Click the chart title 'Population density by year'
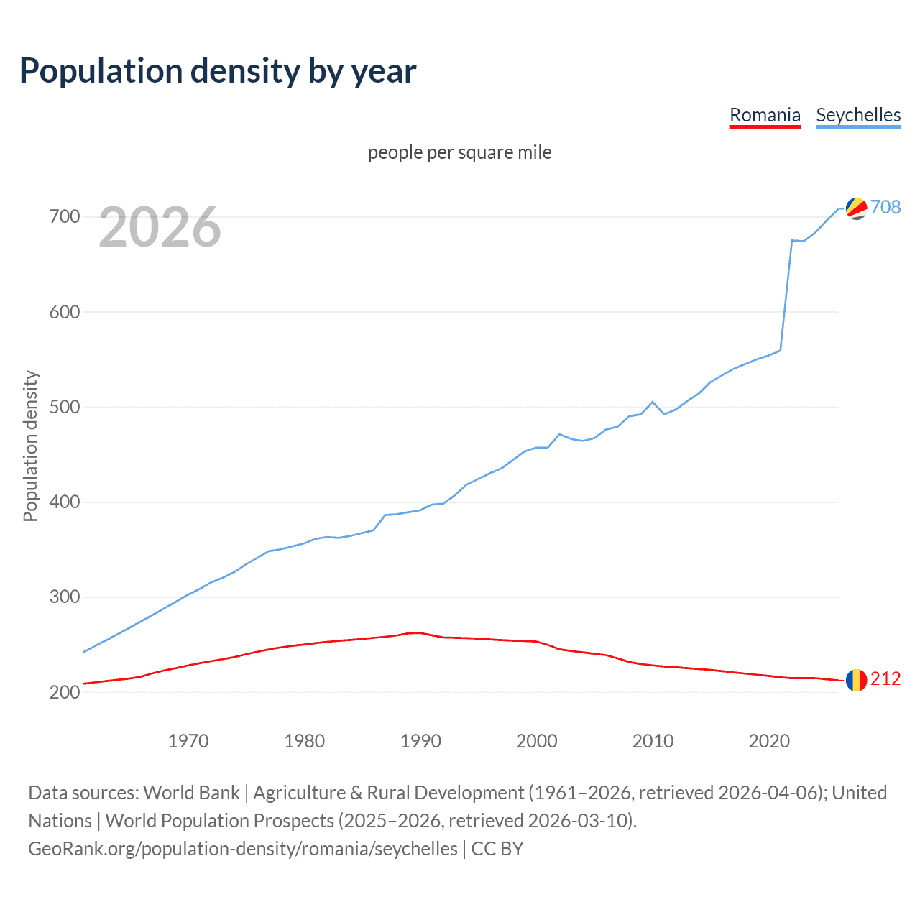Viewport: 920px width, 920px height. point(218,71)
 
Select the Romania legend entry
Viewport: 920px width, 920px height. point(765,115)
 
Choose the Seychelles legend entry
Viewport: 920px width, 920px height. point(858,115)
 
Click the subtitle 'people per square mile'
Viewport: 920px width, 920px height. point(460,152)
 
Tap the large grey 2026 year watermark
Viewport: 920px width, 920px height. point(160,227)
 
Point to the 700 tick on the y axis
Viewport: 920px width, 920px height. point(65,216)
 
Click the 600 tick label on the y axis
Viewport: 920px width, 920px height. point(65,312)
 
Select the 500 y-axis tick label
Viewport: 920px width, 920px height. point(65,407)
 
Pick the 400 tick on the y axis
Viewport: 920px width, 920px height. point(65,502)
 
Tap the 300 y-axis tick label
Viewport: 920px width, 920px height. point(65,597)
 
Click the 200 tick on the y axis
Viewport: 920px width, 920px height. point(65,692)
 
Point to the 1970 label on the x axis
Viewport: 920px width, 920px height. point(188,741)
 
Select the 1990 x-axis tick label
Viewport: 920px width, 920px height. point(420,741)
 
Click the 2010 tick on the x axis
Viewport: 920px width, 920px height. point(653,741)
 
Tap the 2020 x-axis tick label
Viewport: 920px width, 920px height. point(769,741)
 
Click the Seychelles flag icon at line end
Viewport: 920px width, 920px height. point(856,208)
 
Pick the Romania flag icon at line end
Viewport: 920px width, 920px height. point(856,680)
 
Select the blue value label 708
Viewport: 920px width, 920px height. point(885,207)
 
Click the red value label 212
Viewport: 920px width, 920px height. point(885,679)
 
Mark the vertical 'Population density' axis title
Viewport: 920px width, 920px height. point(30,446)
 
